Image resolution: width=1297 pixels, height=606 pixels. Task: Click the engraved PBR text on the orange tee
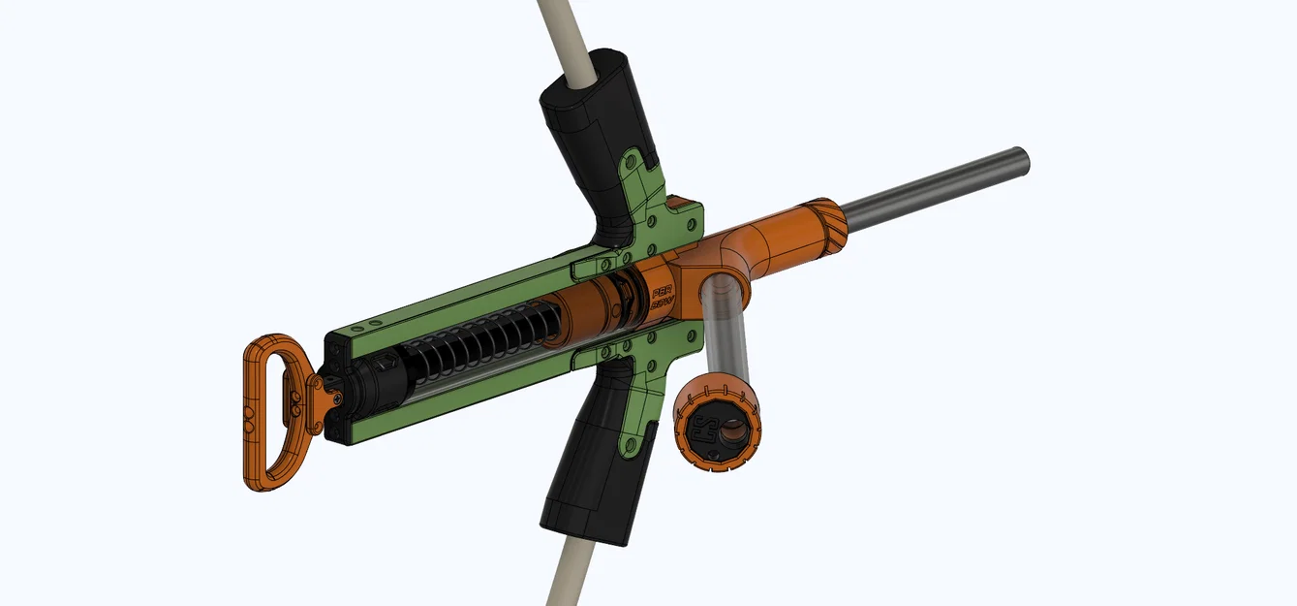tap(664, 291)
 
